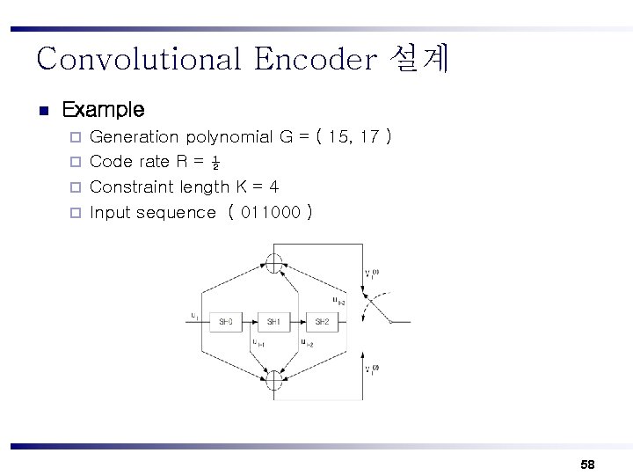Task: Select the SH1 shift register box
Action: point(273,322)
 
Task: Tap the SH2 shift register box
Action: point(321,322)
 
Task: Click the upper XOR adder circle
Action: point(274,262)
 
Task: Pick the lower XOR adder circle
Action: point(274,381)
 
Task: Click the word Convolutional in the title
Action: point(137,59)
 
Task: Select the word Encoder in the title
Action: point(313,59)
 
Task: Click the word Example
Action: point(104,110)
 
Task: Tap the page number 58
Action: point(587,463)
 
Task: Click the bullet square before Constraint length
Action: point(76,187)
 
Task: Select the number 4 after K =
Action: point(273,187)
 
